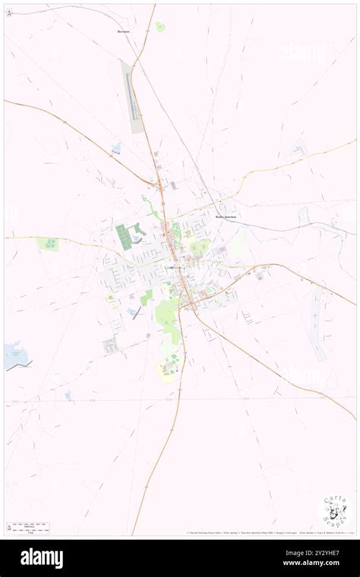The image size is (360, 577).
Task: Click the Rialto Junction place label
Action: point(226,216)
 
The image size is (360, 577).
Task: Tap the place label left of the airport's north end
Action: point(124,32)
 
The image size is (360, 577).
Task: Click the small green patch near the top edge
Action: point(160,27)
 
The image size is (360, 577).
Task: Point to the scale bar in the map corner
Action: point(27,526)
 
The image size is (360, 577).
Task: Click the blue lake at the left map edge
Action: point(15,355)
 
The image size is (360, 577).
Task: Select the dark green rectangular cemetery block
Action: point(122,236)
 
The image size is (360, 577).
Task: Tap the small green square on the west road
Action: point(48,244)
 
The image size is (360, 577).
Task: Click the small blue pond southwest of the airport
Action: point(116,147)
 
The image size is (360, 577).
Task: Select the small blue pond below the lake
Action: point(68,395)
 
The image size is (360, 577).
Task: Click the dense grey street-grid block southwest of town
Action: point(110,346)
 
